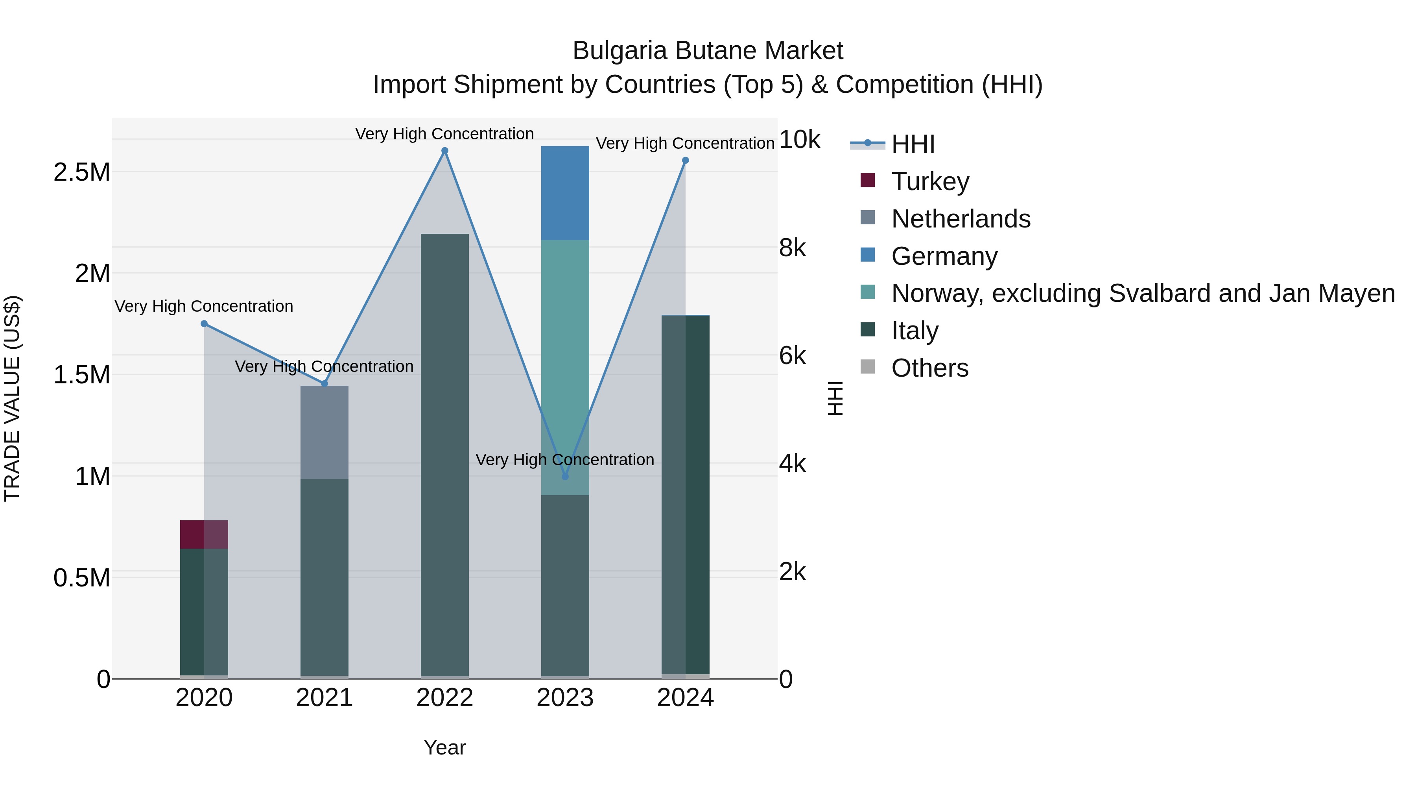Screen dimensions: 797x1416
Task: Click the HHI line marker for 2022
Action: [x=445, y=151]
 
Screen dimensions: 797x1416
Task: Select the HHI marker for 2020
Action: [x=204, y=324]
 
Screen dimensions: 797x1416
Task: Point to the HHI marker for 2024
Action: [x=686, y=161]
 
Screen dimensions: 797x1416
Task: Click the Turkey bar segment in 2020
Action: [x=204, y=534]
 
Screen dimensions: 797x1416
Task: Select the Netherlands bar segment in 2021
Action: [x=324, y=432]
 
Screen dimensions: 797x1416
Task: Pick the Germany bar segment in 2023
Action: [x=565, y=193]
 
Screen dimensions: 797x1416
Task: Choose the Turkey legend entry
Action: [x=930, y=181]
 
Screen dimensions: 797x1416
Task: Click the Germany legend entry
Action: [x=944, y=256]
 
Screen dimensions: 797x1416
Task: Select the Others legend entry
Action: [x=929, y=368]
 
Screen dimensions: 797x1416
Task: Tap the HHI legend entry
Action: [x=913, y=144]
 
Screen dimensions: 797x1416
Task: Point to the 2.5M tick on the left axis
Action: [x=82, y=172]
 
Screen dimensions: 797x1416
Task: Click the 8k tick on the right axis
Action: [x=792, y=248]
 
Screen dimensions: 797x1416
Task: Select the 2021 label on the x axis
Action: [x=324, y=698]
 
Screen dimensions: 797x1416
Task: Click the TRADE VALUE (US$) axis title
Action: [x=12, y=398]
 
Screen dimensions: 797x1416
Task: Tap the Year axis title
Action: [x=445, y=747]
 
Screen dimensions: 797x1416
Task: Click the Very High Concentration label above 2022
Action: [x=445, y=134]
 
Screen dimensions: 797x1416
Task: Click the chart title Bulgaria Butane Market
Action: [x=708, y=51]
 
